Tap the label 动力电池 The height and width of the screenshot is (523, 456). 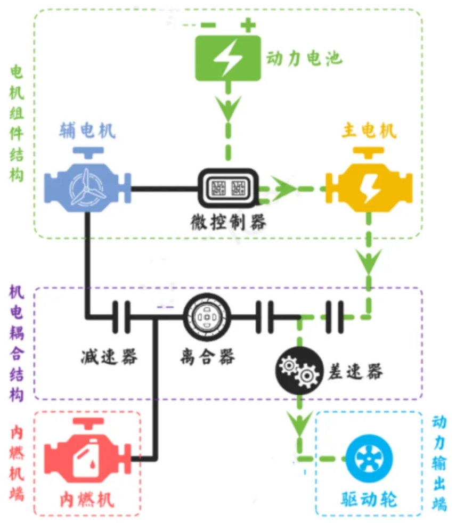pyautogui.click(x=304, y=58)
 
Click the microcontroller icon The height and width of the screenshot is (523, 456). pyautogui.click(x=229, y=188)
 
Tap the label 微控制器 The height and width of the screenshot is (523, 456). pyautogui.click(x=229, y=222)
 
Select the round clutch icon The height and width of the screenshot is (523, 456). pyautogui.click(x=207, y=318)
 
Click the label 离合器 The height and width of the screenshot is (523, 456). pyautogui.click(x=207, y=356)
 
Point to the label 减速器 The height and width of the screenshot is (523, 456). pyautogui.click(x=110, y=356)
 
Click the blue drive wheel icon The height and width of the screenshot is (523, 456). pyautogui.click(x=369, y=458)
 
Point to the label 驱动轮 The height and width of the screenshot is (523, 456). pyautogui.click(x=369, y=499)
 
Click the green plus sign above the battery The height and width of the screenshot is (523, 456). pyautogui.click(x=247, y=24)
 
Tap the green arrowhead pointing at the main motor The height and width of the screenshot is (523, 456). pyautogui.click(x=284, y=188)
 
